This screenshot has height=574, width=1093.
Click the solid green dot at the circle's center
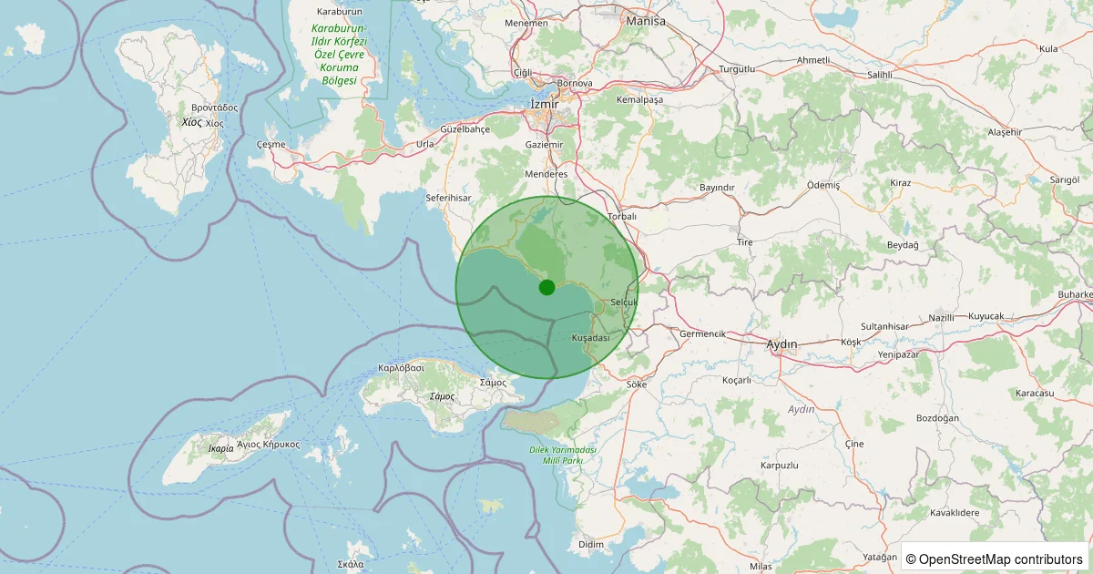546,287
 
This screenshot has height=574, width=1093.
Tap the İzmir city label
544,105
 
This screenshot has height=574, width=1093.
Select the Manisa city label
646,21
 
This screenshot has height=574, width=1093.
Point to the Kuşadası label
590,338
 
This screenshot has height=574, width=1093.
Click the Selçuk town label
624,302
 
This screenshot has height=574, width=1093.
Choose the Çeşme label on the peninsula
271,144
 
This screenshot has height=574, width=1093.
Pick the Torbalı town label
622,217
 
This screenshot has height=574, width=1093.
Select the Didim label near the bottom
591,544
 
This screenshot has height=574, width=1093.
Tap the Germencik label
702,334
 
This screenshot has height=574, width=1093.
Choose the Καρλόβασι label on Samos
402,368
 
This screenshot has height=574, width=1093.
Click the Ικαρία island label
220,448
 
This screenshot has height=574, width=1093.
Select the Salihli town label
880,75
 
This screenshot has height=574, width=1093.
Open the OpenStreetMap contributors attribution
995,559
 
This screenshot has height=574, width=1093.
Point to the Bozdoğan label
939,418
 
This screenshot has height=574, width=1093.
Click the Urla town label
425,144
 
